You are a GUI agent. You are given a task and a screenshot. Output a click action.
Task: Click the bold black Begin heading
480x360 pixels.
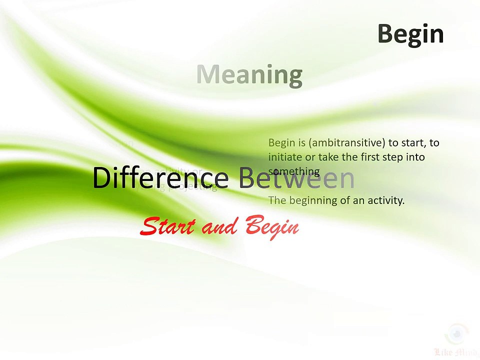coord(410,34)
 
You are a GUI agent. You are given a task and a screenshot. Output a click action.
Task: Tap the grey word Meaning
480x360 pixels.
coord(249,74)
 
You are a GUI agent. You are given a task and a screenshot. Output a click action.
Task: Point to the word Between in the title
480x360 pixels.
coord(296,178)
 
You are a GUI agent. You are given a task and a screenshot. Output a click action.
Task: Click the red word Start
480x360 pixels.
coord(167,226)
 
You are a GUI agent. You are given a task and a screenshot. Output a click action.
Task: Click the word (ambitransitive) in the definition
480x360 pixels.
coord(347,143)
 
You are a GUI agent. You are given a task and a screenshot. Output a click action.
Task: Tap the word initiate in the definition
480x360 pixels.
coord(285,157)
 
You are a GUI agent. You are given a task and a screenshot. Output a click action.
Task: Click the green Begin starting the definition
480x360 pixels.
coord(281,143)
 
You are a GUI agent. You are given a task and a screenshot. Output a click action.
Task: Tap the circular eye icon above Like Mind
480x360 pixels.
coord(456,333)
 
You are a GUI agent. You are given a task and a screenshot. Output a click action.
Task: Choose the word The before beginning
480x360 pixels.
coord(276,200)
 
